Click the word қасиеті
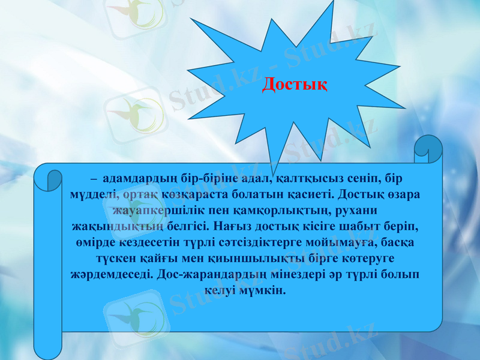pos(308,195)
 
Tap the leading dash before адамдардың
pos(94,179)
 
